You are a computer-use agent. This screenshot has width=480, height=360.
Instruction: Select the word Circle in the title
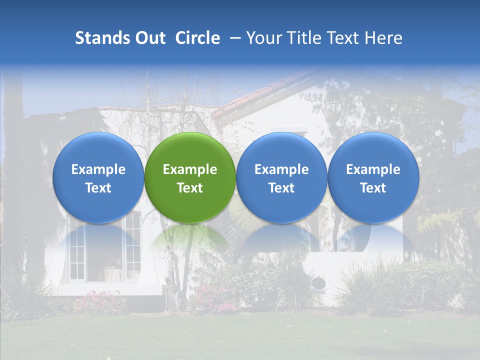[197, 38]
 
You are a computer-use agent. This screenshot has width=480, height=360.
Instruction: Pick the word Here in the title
[384, 38]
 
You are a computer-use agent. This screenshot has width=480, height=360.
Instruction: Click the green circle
[190, 177]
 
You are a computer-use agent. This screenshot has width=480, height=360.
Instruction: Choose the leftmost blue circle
[98, 177]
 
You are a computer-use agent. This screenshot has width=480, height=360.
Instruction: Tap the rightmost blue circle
[373, 177]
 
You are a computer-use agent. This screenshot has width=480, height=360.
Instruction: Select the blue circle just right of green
[281, 177]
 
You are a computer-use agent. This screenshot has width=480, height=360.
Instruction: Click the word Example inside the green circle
[190, 169]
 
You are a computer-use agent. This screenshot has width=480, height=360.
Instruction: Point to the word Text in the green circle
[190, 188]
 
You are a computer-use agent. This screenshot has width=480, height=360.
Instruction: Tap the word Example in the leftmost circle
[98, 169]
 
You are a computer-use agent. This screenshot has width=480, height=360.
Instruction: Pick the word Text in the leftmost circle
[98, 188]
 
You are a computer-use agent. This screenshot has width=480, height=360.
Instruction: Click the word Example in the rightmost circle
[373, 169]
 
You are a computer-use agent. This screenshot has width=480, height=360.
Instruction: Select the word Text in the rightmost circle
[373, 188]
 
